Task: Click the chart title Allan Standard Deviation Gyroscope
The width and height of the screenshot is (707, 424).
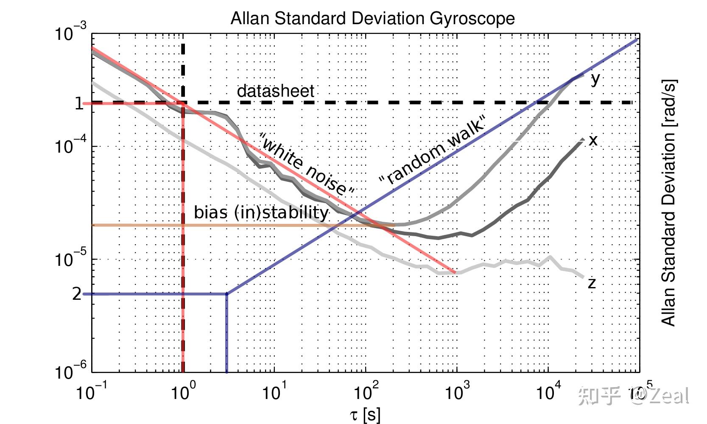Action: click(x=372, y=18)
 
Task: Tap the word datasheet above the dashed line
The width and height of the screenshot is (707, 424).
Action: click(x=275, y=91)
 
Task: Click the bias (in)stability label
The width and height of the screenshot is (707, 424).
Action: click(x=261, y=212)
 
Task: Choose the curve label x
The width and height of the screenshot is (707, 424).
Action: click(x=593, y=140)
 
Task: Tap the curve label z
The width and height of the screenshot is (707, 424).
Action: click(x=592, y=282)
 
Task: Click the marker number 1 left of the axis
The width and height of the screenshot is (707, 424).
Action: click(x=79, y=103)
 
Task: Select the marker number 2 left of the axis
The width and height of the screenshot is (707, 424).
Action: click(x=77, y=293)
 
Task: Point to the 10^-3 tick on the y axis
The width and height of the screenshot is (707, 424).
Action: click(x=70, y=33)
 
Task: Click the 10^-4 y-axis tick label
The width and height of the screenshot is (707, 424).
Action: click(x=70, y=146)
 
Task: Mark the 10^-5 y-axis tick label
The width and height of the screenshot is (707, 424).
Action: click(x=70, y=259)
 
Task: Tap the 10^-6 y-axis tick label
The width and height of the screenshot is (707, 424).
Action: click(x=70, y=371)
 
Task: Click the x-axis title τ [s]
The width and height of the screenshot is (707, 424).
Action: click(x=365, y=415)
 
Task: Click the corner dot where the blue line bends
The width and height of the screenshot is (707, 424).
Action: click(x=227, y=293)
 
